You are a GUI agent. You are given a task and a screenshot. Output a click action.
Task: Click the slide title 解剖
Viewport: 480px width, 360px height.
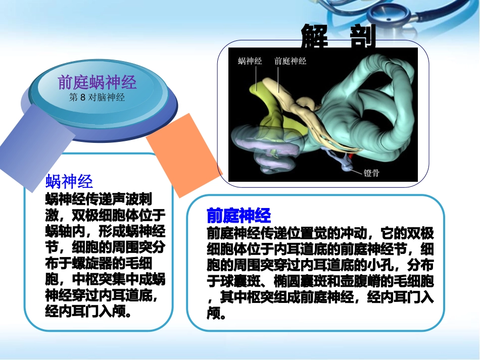[339, 37]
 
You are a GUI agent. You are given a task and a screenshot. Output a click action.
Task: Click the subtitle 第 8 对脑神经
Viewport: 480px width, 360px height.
[97, 97]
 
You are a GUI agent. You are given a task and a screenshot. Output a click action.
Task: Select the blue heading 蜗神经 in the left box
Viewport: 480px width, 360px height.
[69, 181]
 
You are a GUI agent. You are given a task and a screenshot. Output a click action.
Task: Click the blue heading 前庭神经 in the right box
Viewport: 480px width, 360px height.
[239, 216]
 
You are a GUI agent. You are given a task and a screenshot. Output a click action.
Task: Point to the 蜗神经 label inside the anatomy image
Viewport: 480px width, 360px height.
[250, 61]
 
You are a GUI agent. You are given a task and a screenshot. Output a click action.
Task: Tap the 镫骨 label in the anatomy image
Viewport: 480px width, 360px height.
[371, 173]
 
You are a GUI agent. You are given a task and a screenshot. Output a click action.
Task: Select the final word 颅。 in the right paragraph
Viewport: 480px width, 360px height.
[217, 314]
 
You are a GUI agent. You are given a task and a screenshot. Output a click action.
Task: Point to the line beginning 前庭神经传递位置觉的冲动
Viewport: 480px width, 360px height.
[320, 234]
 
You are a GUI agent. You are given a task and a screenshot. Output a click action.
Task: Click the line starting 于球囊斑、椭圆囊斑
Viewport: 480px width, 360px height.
[320, 281]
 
